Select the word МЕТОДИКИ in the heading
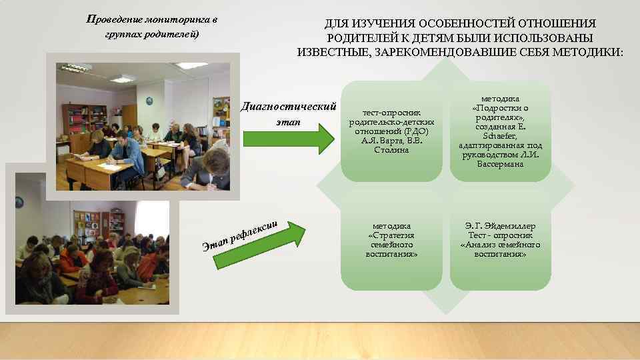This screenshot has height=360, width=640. (x=587, y=52)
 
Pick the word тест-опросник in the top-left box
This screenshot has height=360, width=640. (x=391, y=114)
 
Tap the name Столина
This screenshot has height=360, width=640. (x=391, y=150)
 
